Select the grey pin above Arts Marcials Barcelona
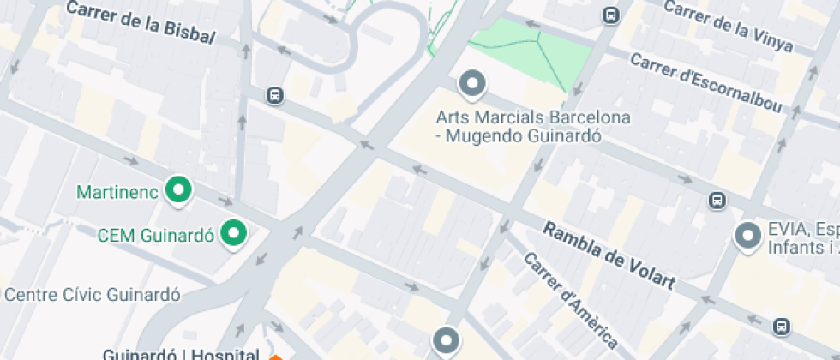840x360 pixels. [472, 84]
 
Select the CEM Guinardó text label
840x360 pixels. [154, 235]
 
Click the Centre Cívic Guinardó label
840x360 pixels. [93, 295]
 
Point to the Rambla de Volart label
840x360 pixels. [609, 255]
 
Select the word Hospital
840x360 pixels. [225, 354]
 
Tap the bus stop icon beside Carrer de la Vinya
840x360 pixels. [611, 15]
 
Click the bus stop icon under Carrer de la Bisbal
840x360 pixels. [274, 95]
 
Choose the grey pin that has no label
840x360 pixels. [446, 340]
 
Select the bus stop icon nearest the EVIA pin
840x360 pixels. [717, 201]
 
